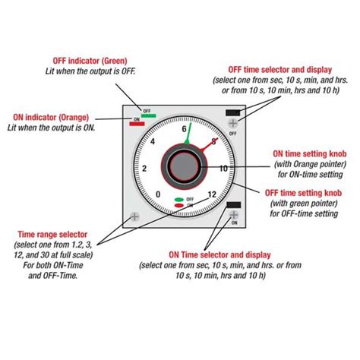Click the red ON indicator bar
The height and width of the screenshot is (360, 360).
click(x=137, y=125)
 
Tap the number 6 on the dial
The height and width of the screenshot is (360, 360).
click(x=184, y=130)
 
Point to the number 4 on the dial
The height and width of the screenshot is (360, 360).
click(x=153, y=142)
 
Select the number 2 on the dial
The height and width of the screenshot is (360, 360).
click(x=144, y=168)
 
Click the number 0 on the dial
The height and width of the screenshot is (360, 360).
click(x=157, y=194)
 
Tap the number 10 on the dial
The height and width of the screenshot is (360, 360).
click(x=223, y=168)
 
